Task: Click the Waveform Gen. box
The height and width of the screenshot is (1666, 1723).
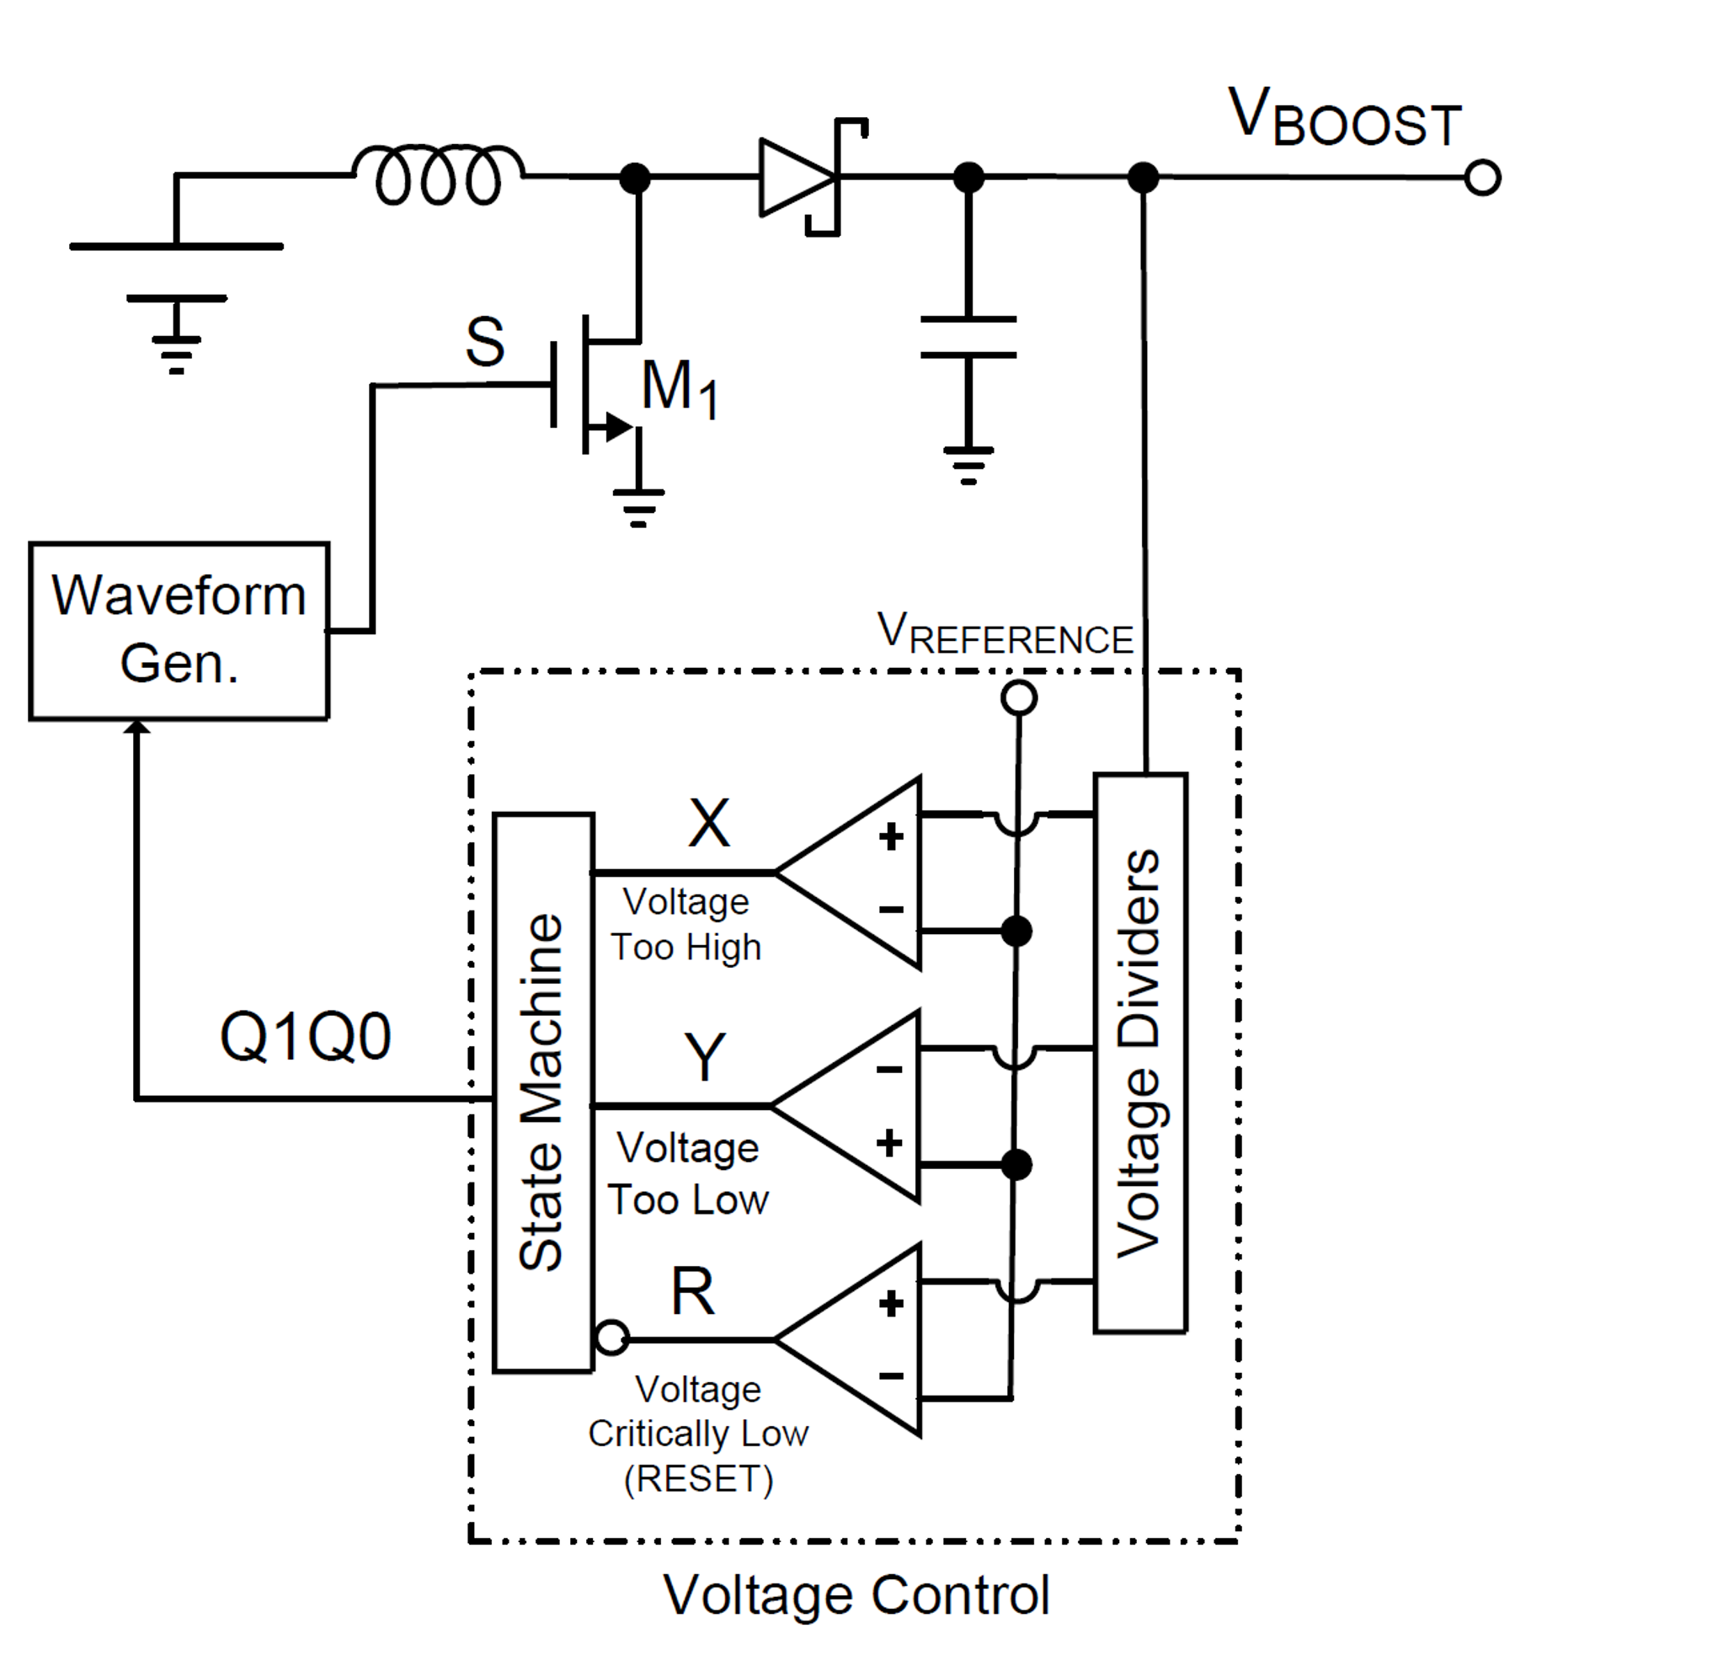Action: pyautogui.click(x=179, y=631)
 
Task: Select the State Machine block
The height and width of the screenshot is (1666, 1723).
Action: pyautogui.click(x=543, y=1092)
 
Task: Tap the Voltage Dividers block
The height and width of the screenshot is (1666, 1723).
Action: pyautogui.click(x=1140, y=1052)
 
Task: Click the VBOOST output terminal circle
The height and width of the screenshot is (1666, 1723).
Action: pyautogui.click(x=1482, y=178)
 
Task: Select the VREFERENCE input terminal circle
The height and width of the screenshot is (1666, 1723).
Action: pyautogui.click(x=1019, y=697)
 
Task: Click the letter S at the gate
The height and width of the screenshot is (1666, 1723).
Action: pyautogui.click(x=484, y=341)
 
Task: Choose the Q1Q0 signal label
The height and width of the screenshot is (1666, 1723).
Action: pyautogui.click(x=305, y=1038)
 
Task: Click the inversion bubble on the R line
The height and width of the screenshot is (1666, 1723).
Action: pyautogui.click(x=612, y=1338)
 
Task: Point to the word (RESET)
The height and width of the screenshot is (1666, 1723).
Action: pyautogui.click(x=698, y=1479)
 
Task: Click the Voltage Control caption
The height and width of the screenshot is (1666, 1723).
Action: pyautogui.click(x=856, y=1594)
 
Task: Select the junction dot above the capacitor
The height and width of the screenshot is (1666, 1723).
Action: pyautogui.click(x=968, y=178)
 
